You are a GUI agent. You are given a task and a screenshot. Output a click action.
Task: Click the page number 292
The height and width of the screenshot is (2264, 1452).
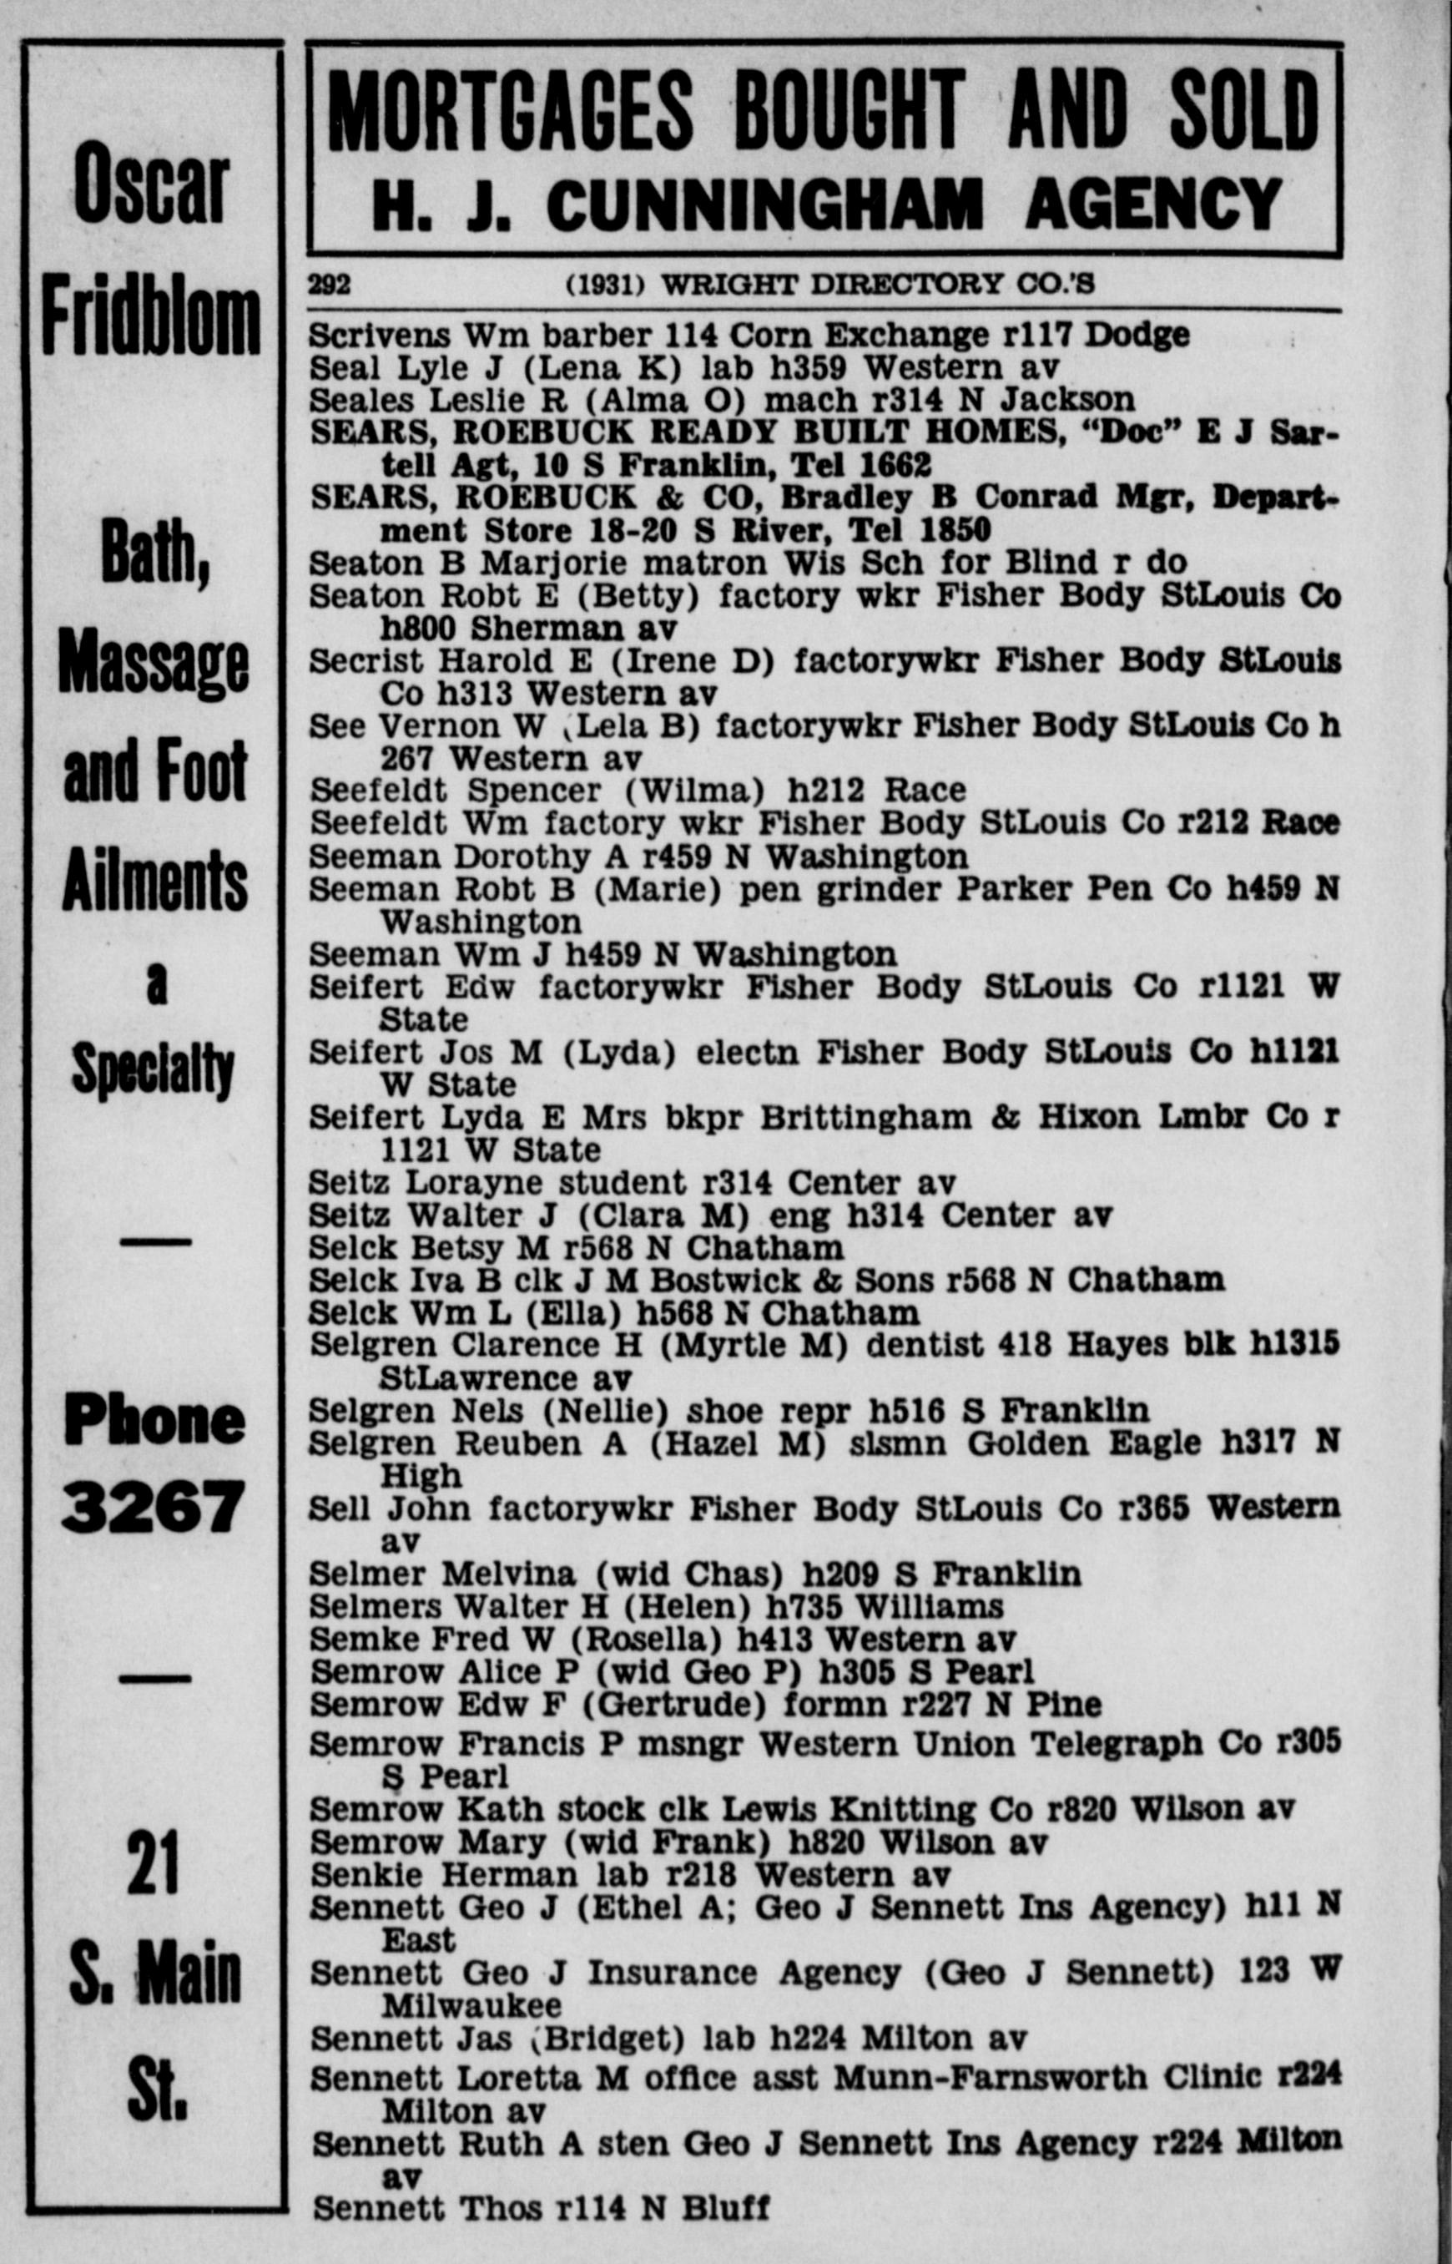(x=329, y=284)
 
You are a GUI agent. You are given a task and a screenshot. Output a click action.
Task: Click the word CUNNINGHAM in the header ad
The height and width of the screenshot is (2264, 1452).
(x=764, y=205)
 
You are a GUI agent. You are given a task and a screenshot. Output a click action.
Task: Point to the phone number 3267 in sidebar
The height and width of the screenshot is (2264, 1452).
(x=153, y=1506)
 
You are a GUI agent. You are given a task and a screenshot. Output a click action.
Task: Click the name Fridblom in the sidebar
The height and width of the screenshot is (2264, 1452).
(x=151, y=316)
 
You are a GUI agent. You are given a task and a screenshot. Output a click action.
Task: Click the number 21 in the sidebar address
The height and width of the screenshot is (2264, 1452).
(x=153, y=1862)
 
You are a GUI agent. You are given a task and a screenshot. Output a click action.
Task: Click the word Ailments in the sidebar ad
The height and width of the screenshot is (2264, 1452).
(x=154, y=882)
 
